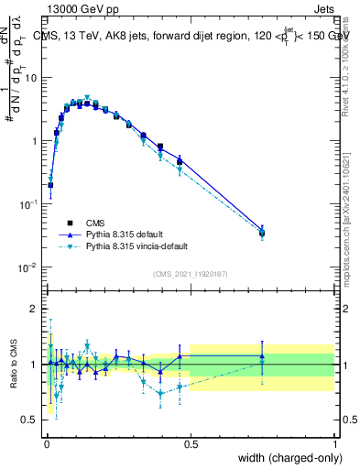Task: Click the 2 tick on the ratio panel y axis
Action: pos(36,309)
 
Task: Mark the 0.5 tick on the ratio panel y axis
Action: pos(32,420)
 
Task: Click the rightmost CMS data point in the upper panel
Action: pos(262,233)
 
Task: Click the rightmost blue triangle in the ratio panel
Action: pos(262,356)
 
